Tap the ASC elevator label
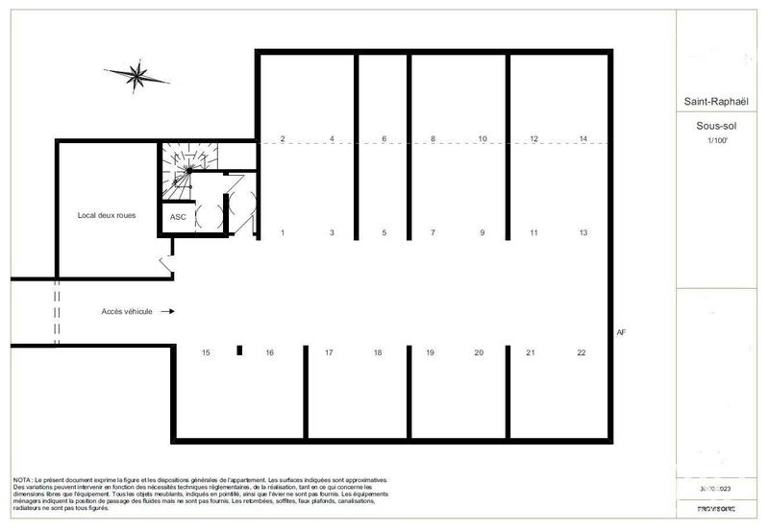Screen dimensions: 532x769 coord(178,217)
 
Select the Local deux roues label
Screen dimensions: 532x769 coord(107,215)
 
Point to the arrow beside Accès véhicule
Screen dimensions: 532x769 coord(167,312)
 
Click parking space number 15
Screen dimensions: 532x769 coord(206,353)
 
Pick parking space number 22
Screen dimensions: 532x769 coord(582,353)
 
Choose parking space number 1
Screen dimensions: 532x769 coord(283,232)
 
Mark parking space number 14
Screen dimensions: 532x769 coord(583,139)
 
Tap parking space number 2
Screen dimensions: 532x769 coord(283,139)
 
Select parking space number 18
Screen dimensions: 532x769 coord(378,353)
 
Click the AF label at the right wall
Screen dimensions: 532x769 coord(621,332)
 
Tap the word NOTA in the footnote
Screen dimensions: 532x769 coord(21,479)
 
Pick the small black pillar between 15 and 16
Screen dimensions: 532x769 coord(238,351)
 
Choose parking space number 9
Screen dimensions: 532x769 coord(483,232)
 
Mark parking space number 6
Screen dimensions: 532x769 coord(384,139)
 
